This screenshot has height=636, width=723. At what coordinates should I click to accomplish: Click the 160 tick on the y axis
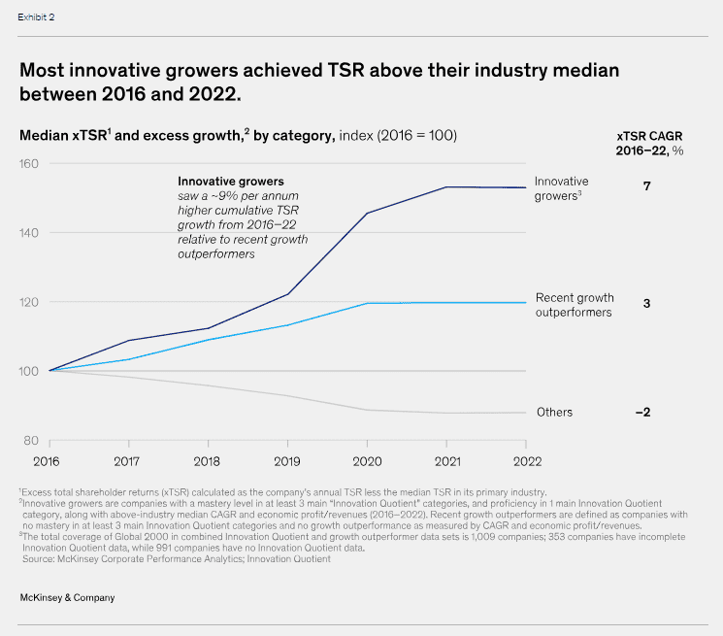click(x=30, y=164)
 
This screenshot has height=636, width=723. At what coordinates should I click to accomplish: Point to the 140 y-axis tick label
click(x=30, y=233)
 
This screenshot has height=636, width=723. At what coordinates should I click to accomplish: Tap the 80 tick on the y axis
click(x=33, y=440)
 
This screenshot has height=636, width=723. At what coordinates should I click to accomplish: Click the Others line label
click(x=554, y=412)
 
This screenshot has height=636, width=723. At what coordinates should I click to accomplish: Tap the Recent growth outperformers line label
click(x=574, y=305)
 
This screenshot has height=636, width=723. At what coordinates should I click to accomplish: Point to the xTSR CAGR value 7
click(x=646, y=184)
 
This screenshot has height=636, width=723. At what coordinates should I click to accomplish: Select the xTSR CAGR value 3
click(x=646, y=304)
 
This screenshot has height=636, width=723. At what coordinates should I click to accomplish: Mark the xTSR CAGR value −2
click(x=642, y=412)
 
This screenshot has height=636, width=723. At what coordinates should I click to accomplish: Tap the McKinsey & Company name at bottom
click(x=67, y=597)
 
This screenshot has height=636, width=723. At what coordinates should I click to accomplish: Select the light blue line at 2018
click(x=208, y=339)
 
